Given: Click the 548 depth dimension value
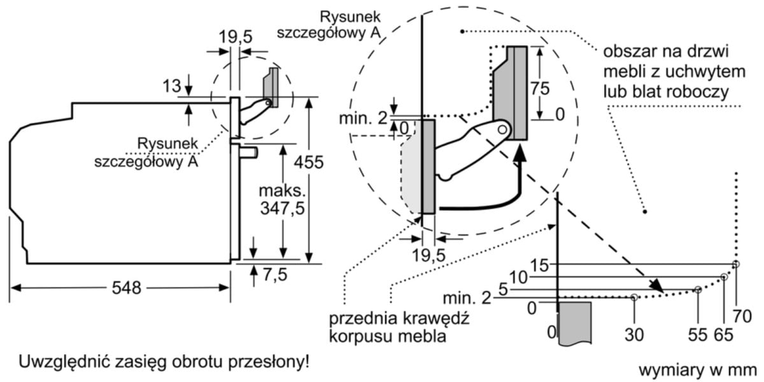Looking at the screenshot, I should [125, 288].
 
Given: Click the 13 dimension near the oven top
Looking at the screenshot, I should [171, 84].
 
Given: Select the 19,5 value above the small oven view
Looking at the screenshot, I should [234, 37].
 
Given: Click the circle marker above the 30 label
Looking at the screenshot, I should [634, 297].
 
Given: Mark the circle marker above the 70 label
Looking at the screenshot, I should [736, 264].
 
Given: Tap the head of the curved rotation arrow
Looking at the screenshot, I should [521, 152].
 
